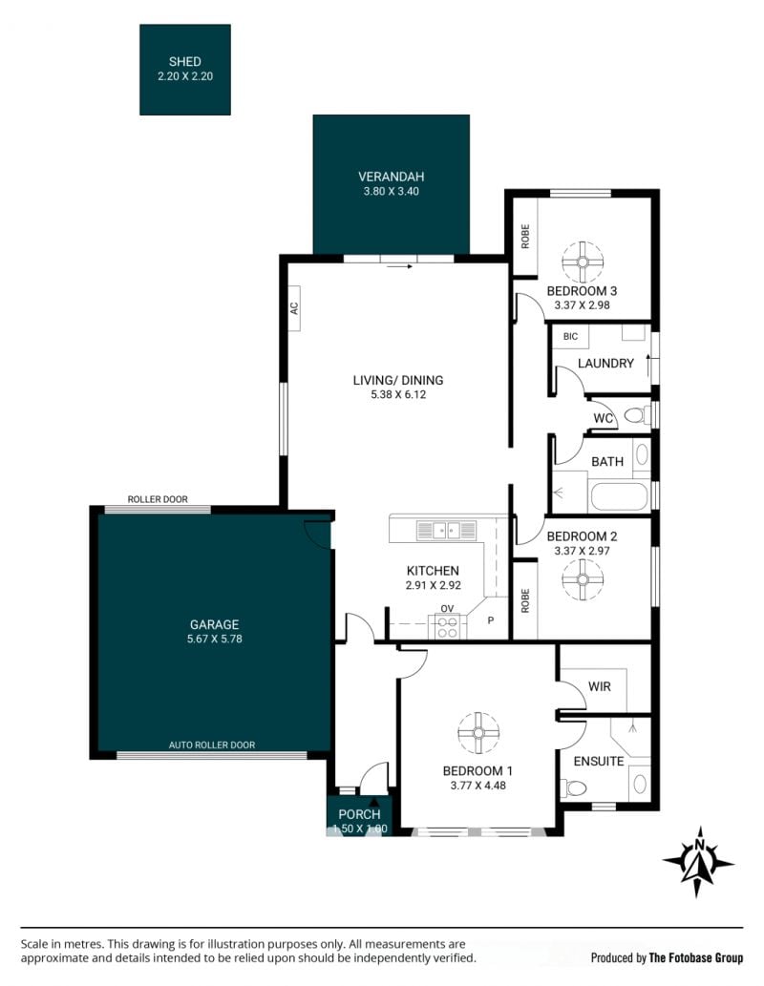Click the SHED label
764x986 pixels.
[x=184, y=62]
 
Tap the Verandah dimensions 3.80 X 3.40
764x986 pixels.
[x=391, y=191]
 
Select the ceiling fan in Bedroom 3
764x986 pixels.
[x=583, y=262]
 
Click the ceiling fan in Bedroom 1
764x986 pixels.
[x=478, y=733]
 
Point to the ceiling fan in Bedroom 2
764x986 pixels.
[x=583, y=579]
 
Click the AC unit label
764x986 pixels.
[x=294, y=308]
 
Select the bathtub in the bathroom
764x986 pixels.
[x=619, y=496]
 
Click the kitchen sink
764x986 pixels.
[x=446, y=531]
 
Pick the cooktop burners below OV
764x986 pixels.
[x=448, y=627]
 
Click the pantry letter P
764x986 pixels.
[x=491, y=620]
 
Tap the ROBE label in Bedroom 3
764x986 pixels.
[x=525, y=237]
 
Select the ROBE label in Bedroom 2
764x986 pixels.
[x=525, y=600]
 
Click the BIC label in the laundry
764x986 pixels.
[x=570, y=336]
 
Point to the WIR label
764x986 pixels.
[x=599, y=686]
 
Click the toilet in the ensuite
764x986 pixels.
[x=573, y=787]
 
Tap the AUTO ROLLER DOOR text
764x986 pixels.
[x=212, y=745]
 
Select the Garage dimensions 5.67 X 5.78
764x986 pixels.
[x=215, y=639]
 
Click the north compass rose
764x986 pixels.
[x=698, y=862]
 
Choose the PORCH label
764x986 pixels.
[x=359, y=814]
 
